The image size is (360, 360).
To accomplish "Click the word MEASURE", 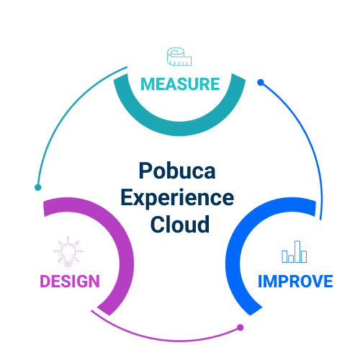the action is (180, 84).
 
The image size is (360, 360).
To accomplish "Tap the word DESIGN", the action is (70, 281).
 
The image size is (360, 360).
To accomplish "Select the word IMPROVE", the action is (295, 281).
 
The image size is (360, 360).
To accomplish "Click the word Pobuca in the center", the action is (177, 171).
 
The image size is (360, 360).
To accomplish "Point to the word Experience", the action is (177, 198).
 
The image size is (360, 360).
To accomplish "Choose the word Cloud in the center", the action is (180, 225).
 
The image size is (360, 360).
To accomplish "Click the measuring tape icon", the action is (179, 57).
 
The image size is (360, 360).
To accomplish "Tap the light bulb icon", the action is (68, 252).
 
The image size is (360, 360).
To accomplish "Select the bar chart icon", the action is (294, 252).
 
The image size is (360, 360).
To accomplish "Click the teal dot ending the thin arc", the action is (38, 187).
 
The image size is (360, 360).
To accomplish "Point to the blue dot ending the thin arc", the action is (261, 82).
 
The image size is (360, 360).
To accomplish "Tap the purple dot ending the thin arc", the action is (240, 328).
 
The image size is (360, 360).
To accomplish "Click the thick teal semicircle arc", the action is (179, 129).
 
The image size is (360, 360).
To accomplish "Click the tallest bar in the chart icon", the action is (297, 252).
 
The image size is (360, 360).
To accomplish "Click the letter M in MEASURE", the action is (147, 84).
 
